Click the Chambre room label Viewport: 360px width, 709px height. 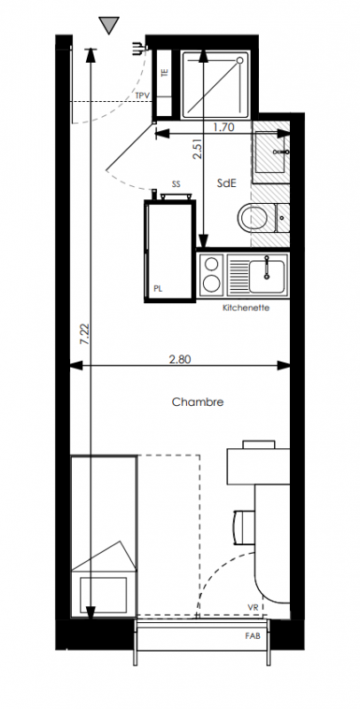coord(198,402)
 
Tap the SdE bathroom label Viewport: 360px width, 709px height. coord(227,183)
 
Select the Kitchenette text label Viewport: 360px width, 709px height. coord(246,308)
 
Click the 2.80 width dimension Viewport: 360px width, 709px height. coord(180,360)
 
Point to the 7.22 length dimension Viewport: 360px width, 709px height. coord(84,334)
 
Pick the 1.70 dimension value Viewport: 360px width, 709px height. coord(223,127)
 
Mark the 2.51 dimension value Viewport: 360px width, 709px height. coord(197,149)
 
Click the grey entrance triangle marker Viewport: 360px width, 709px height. coord(109,26)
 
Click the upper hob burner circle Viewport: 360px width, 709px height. coord(211,263)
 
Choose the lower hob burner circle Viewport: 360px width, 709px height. coord(211,284)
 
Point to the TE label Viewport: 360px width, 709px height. coord(165,72)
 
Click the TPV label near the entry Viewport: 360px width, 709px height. coord(143,96)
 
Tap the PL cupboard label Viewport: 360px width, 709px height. coord(158,289)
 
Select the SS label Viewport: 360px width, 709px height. coord(176,184)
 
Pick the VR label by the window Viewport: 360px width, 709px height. coord(253,607)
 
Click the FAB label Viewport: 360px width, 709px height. coord(253,635)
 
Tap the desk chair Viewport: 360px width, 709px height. coord(243,526)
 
